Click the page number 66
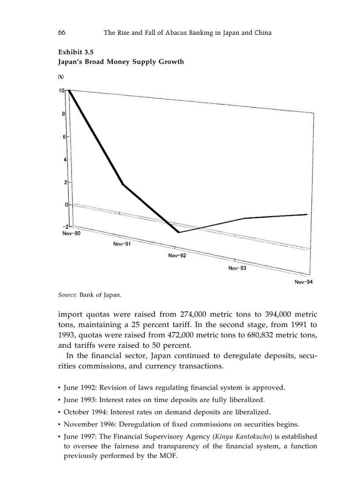click(62, 33)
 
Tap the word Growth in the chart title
click(170, 62)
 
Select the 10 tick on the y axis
click(61, 90)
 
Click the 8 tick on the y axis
click(63, 114)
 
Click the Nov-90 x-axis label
click(71, 233)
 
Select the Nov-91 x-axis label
click(122, 244)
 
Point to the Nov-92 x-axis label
click(177, 256)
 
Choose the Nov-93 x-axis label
click(237, 268)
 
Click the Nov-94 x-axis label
click(304, 283)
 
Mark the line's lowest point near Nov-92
click(179, 232)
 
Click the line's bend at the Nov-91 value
click(123, 184)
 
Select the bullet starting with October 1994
click(167, 413)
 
